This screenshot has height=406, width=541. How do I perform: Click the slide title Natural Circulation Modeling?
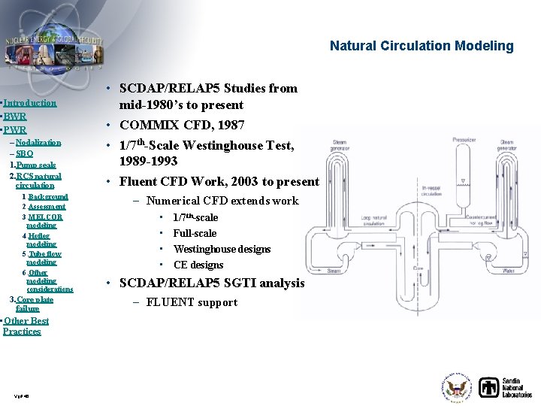click(x=422, y=46)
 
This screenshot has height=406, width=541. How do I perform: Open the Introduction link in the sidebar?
click(x=30, y=103)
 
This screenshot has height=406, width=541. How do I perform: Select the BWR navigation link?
click(x=15, y=117)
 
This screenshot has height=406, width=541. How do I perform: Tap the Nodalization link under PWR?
click(x=38, y=142)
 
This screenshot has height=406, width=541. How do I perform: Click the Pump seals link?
click(x=35, y=165)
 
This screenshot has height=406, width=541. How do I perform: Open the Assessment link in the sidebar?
click(x=47, y=206)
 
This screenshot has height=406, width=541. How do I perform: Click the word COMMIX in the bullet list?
click(x=151, y=125)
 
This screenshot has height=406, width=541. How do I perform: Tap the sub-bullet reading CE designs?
click(x=198, y=265)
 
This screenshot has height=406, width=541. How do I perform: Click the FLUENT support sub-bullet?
click(x=192, y=302)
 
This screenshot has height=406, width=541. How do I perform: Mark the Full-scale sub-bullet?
click(x=195, y=233)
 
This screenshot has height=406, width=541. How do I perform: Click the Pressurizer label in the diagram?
click(x=464, y=140)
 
